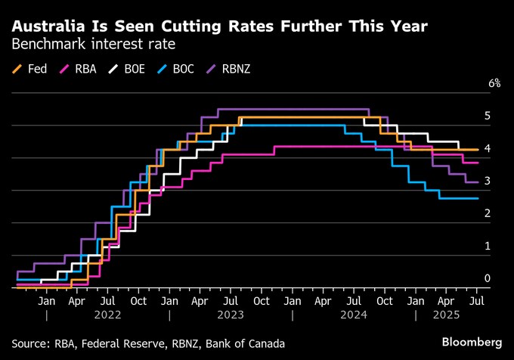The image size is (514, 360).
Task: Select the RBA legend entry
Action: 79,69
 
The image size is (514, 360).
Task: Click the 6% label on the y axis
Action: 494,83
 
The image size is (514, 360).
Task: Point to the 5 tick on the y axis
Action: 488,116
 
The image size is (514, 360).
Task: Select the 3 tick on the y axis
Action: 488,181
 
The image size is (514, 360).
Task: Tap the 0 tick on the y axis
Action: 488,278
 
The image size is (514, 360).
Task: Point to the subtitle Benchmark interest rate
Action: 93,45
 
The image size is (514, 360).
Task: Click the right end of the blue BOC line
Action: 477,198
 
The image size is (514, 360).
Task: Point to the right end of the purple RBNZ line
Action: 477,182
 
